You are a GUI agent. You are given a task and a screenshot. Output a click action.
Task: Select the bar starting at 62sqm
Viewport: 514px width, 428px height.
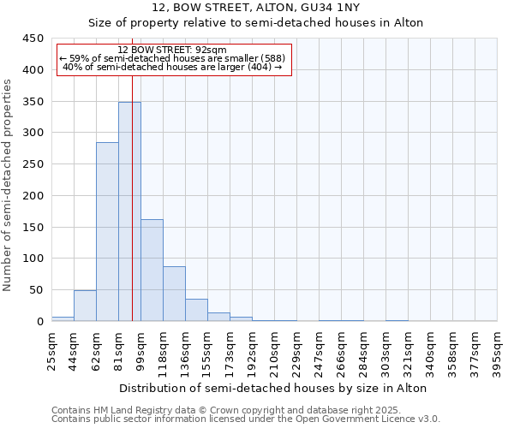(107, 231)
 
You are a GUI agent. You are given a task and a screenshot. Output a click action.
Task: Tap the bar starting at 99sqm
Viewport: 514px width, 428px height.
(152, 270)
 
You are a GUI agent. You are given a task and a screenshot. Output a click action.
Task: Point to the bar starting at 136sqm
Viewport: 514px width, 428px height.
(196, 310)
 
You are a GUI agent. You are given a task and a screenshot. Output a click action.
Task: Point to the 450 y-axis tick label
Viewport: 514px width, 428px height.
(33, 39)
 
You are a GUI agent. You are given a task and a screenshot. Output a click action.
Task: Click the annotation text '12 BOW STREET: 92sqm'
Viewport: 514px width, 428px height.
(172, 51)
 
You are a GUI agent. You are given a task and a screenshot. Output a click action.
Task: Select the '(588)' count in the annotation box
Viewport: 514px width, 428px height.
(268, 58)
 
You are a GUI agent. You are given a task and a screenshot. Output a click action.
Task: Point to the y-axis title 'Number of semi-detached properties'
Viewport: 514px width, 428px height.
(8, 185)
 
